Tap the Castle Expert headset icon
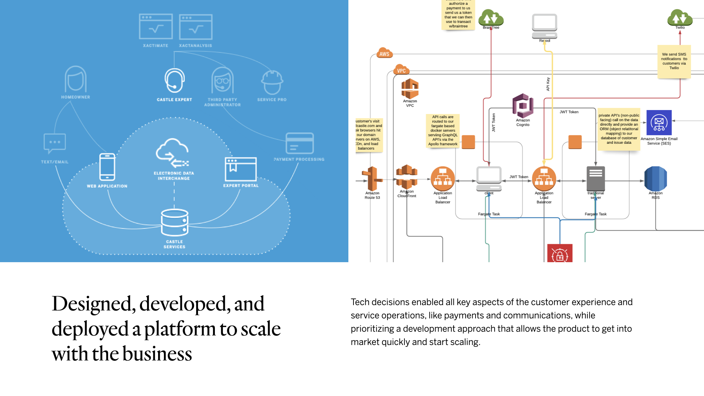tap(174, 80)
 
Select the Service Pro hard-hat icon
tap(272, 82)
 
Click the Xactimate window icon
tap(156, 26)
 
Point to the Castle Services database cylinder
tap(175, 222)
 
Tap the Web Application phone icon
tap(107, 167)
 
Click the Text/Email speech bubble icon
tap(55, 143)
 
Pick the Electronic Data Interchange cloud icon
tap(172, 153)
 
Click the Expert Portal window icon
tap(241, 169)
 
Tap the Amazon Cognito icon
tap(523, 106)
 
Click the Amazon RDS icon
tap(656, 179)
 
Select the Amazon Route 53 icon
tap(372, 179)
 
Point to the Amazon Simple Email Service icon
tap(659, 122)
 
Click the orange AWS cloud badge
tap(384, 53)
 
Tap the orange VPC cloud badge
tap(401, 70)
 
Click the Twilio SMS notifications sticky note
tap(674, 61)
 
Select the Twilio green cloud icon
tap(680, 17)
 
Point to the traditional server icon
tap(595, 179)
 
